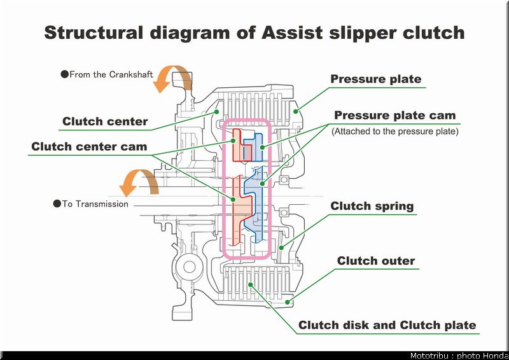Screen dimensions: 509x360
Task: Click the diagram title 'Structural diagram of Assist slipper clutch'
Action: click(x=254, y=33)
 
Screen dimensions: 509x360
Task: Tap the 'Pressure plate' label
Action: click(x=375, y=79)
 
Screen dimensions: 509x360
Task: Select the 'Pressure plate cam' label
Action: click(x=394, y=115)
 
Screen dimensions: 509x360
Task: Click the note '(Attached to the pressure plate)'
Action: click(x=394, y=131)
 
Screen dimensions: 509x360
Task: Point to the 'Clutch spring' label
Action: click(x=372, y=206)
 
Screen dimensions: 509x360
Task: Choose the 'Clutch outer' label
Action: click(x=376, y=261)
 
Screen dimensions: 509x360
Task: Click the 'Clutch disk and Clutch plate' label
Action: click(x=387, y=325)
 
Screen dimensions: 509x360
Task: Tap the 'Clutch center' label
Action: click(x=105, y=121)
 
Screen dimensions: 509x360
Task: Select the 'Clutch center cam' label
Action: click(x=89, y=146)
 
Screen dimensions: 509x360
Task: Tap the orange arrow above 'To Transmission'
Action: click(x=138, y=183)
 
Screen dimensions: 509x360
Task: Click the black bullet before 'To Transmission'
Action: click(x=57, y=204)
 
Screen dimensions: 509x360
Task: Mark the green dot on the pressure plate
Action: click(x=296, y=112)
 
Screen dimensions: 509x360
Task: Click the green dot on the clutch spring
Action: click(x=282, y=248)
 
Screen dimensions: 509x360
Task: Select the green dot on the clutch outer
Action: click(x=288, y=302)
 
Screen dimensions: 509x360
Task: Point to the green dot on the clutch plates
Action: click(x=250, y=285)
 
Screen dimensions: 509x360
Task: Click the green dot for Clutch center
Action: click(x=216, y=112)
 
